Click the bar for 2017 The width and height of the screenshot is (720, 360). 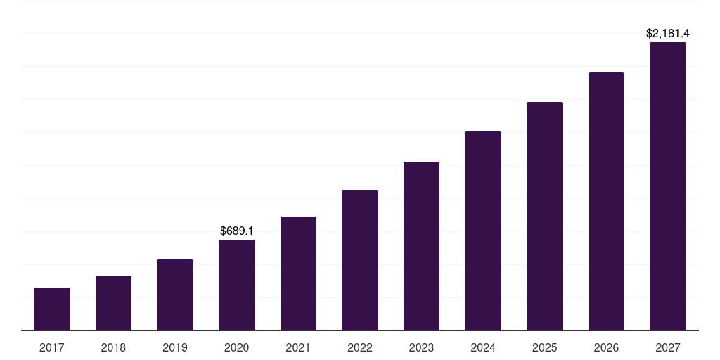[x=52, y=309]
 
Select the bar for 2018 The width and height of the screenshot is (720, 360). [x=113, y=303]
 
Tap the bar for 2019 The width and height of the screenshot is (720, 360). [x=175, y=295]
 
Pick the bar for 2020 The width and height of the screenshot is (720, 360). [x=237, y=285]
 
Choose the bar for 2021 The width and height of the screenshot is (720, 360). [x=298, y=274]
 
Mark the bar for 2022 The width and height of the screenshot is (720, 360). [x=360, y=260]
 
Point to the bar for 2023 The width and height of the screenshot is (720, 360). [x=421, y=246]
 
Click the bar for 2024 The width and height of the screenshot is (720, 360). [x=483, y=231]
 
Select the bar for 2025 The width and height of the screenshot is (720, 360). [x=545, y=217]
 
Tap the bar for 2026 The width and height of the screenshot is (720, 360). [x=606, y=202]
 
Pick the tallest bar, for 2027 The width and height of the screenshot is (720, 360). [x=668, y=186]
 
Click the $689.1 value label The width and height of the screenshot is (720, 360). [x=237, y=231]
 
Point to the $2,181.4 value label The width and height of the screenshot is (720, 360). [x=668, y=33]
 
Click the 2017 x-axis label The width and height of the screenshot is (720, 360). [x=52, y=347]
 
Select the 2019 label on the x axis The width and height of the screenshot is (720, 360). [x=175, y=347]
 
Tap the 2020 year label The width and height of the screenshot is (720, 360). [x=237, y=347]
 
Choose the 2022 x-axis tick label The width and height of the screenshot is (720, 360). [x=360, y=347]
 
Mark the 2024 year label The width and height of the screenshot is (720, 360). [x=483, y=347]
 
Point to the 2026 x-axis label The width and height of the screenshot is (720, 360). [x=606, y=347]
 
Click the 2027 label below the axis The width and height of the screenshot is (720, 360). [x=668, y=347]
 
